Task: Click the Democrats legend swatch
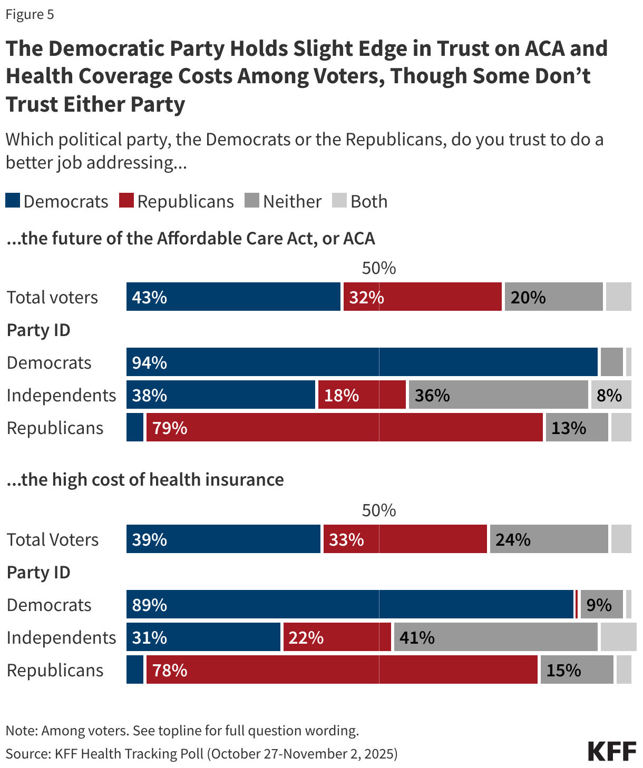13,201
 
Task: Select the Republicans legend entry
177,201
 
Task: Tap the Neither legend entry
284,201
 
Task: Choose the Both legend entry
360,201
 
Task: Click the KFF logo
612,751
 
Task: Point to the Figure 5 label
30,14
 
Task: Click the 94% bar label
150,362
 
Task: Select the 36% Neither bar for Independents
498,395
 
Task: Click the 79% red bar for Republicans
344,428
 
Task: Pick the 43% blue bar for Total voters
233,297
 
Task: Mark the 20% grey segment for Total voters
553,297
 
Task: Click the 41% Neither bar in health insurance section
495,637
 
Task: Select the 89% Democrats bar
349,605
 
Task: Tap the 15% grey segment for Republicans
577,670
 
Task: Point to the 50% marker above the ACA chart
378,268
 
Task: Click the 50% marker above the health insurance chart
378,510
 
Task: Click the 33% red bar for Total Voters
405,539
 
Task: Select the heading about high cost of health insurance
145,480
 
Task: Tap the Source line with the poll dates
202,754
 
